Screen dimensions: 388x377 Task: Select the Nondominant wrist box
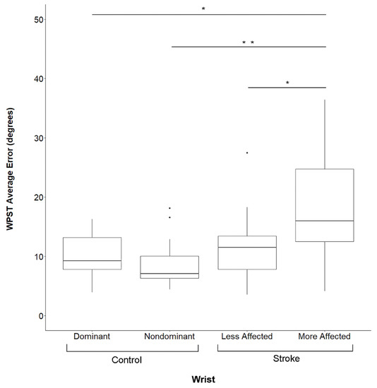tap(169, 267)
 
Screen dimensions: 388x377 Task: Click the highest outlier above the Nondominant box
tap(169, 208)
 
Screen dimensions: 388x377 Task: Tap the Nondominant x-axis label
tap(170, 337)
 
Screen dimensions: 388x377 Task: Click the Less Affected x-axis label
tap(246, 337)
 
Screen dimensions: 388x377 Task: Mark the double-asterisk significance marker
tap(248, 43)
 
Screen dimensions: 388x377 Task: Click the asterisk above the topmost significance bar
tap(203, 9)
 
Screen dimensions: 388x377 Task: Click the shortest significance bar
tap(287, 87)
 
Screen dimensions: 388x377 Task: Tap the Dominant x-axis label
tap(92, 337)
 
